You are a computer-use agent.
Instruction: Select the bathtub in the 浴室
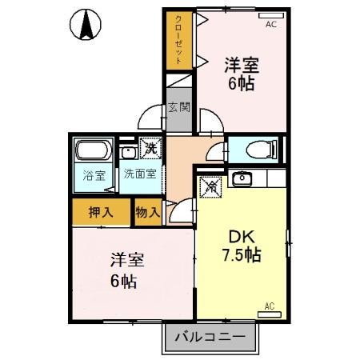(95, 152)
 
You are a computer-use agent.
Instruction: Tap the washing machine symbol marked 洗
(150, 148)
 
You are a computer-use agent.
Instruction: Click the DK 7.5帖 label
(240, 247)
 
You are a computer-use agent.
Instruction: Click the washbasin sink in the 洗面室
(128, 150)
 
